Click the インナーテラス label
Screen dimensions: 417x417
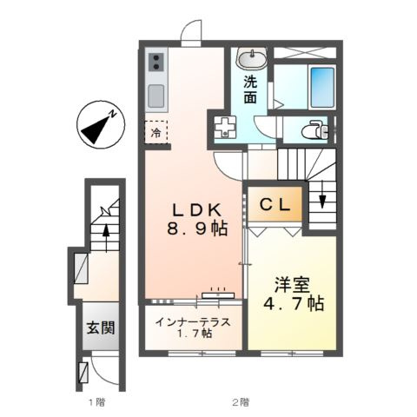coord(193,321)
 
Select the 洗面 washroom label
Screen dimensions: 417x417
coord(250,90)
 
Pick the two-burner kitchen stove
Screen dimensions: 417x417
coord(157,63)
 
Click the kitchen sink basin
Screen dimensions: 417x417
coord(156,95)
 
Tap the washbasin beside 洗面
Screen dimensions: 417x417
coord(252,59)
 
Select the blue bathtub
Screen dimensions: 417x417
coord(309,85)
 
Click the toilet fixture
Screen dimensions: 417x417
coord(313,130)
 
